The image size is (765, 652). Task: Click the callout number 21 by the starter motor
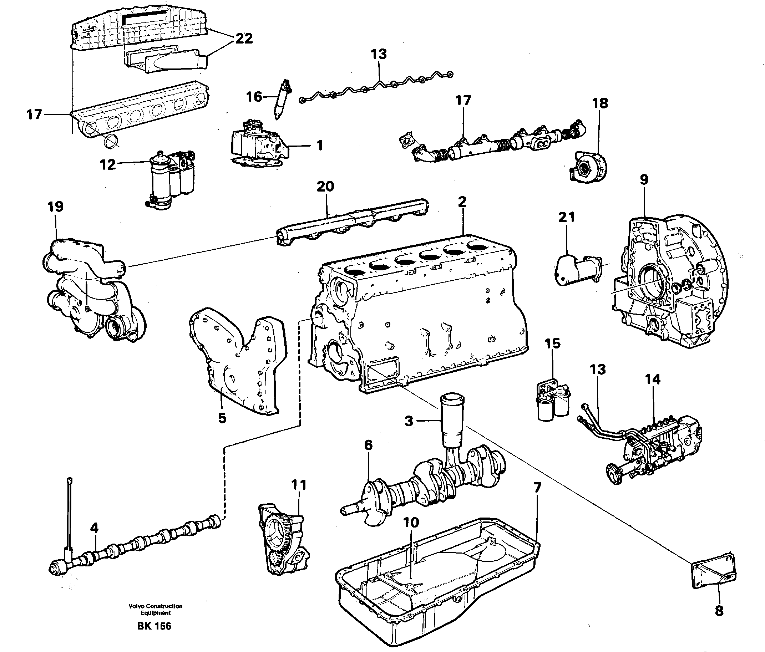click(566, 217)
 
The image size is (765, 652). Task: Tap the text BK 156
click(154, 626)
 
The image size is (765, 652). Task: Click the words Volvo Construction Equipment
click(156, 610)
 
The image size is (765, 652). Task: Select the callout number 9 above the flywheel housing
click(644, 180)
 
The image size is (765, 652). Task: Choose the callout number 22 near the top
click(244, 39)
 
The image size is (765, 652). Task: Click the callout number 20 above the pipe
click(325, 187)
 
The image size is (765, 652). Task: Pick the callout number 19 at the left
click(55, 207)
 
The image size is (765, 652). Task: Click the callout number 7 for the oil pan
click(537, 488)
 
